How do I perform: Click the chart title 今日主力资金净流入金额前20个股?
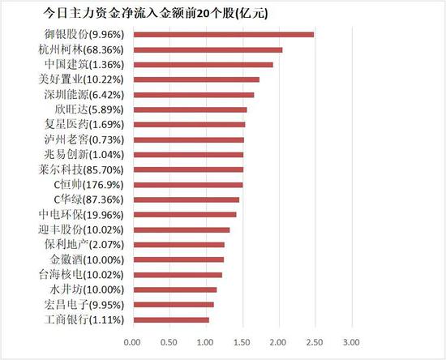[154, 14]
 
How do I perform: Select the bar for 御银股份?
[223, 34]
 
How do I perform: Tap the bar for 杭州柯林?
[208, 49]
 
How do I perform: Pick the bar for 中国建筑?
[203, 64]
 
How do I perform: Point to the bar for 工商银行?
[171, 319]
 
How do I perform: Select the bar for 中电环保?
[185, 215]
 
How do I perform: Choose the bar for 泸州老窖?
[188, 139]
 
